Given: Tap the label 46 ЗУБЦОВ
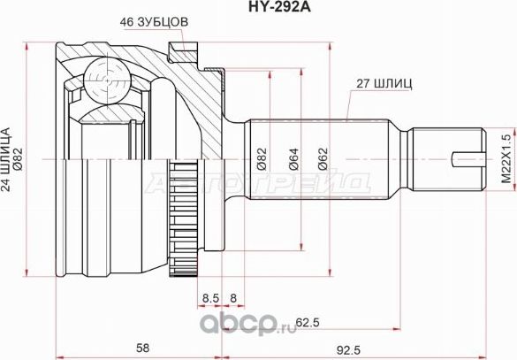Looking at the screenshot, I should point(156,23).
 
